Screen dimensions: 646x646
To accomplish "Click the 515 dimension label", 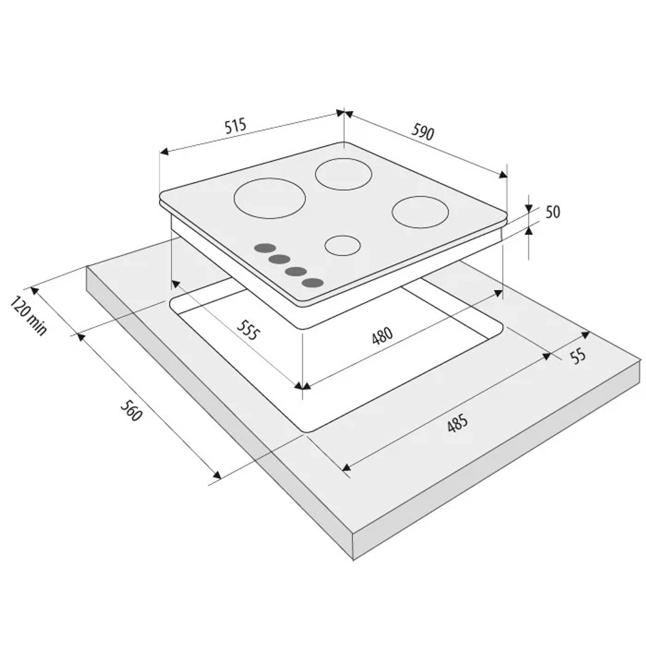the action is [236, 125].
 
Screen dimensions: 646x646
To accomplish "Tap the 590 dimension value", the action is [422, 132].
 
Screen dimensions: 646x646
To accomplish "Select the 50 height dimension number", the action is [553, 212].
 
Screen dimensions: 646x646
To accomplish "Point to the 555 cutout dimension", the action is [249, 329].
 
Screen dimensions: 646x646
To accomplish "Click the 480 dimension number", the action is [382, 335].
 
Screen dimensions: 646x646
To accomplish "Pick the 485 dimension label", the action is [458, 423].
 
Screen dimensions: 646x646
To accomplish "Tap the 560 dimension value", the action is [131, 410].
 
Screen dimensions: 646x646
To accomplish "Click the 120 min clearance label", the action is [28, 315].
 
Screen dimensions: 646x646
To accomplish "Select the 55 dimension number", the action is [578, 355].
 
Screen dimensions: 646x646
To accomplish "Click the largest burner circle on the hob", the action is [269, 198].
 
